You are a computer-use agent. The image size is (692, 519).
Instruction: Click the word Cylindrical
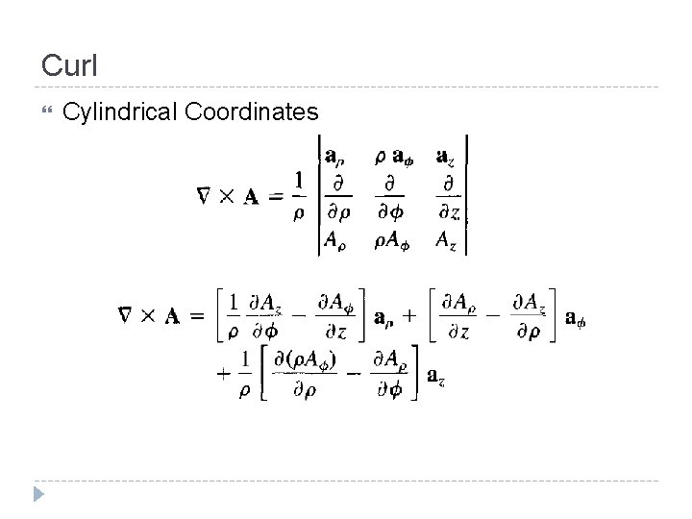tap(117, 113)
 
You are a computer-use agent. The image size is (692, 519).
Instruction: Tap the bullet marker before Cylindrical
tap(45, 113)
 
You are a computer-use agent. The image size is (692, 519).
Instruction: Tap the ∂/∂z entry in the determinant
tap(447, 197)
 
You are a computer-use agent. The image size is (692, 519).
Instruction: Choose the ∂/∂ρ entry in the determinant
tap(337, 197)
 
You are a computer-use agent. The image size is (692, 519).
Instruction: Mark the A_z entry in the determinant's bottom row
tap(447, 240)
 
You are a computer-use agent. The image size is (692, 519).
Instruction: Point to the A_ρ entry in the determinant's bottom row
tap(336, 241)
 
